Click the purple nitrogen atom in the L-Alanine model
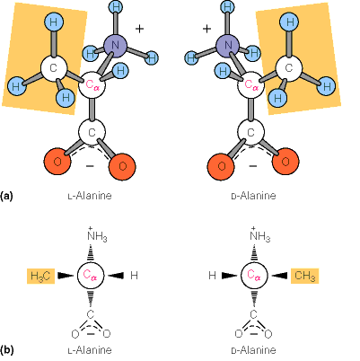click(x=115, y=44)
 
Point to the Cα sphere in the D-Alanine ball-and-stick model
click(x=253, y=85)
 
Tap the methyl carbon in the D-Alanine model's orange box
click(x=289, y=67)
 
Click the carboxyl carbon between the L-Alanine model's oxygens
click(x=91, y=133)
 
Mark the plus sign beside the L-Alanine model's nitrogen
click(x=139, y=29)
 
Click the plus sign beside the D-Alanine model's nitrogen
click(x=206, y=29)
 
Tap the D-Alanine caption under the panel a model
click(x=254, y=195)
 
